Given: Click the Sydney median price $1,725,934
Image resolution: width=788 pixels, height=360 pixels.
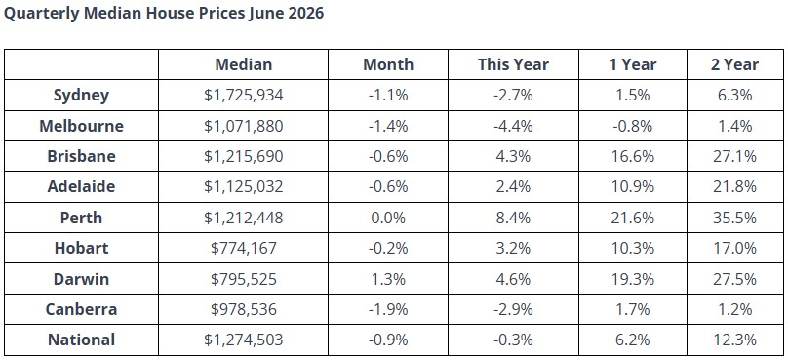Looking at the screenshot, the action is click(244, 95).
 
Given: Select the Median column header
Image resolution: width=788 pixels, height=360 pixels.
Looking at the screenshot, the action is click(244, 64).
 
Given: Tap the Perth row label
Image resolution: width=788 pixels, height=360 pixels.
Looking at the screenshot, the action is click(81, 218).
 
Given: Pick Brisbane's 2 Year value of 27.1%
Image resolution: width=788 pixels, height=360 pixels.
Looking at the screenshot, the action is click(734, 156).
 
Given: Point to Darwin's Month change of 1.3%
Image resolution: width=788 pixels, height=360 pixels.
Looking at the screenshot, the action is click(388, 279).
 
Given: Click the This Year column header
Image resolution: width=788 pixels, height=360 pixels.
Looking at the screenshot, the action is click(513, 64).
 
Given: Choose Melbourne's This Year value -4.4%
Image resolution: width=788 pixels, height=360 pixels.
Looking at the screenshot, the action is click(513, 126).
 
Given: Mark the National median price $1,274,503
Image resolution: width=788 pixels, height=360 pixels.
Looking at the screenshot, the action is click(244, 340).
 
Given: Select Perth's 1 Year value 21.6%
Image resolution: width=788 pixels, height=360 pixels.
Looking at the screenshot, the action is click(633, 218).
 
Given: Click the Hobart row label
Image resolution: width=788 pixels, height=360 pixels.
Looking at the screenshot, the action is click(81, 249).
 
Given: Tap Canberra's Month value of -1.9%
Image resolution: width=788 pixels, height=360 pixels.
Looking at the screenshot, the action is click(388, 309).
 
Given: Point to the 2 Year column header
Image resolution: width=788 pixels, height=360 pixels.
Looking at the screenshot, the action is click(734, 64).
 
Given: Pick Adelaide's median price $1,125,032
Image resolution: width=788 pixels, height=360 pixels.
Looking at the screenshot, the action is click(244, 187).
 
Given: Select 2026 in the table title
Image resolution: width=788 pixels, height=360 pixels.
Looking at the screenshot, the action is click(306, 13).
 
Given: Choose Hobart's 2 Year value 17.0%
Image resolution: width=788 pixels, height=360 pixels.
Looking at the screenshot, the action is click(734, 249).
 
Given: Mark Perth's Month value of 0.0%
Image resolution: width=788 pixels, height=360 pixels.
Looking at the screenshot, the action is click(388, 218).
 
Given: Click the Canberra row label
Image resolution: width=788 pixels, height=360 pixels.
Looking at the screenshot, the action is click(81, 309).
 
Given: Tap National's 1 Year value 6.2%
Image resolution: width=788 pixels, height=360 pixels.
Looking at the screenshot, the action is click(633, 340).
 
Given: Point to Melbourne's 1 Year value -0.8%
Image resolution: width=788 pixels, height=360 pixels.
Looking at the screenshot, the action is click(633, 126).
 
